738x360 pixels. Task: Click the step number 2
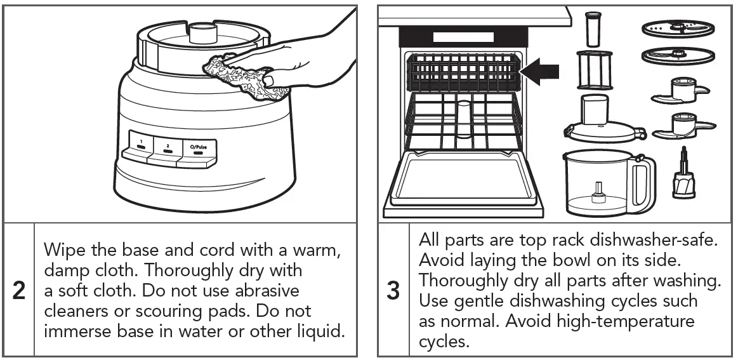click(x=19, y=290)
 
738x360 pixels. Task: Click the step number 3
click(x=393, y=290)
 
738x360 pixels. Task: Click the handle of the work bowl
click(x=644, y=180)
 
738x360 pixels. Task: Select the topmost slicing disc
click(x=678, y=29)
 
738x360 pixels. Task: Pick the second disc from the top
click(x=678, y=55)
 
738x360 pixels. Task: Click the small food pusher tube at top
click(x=593, y=29)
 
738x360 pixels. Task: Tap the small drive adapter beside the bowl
click(x=684, y=178)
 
